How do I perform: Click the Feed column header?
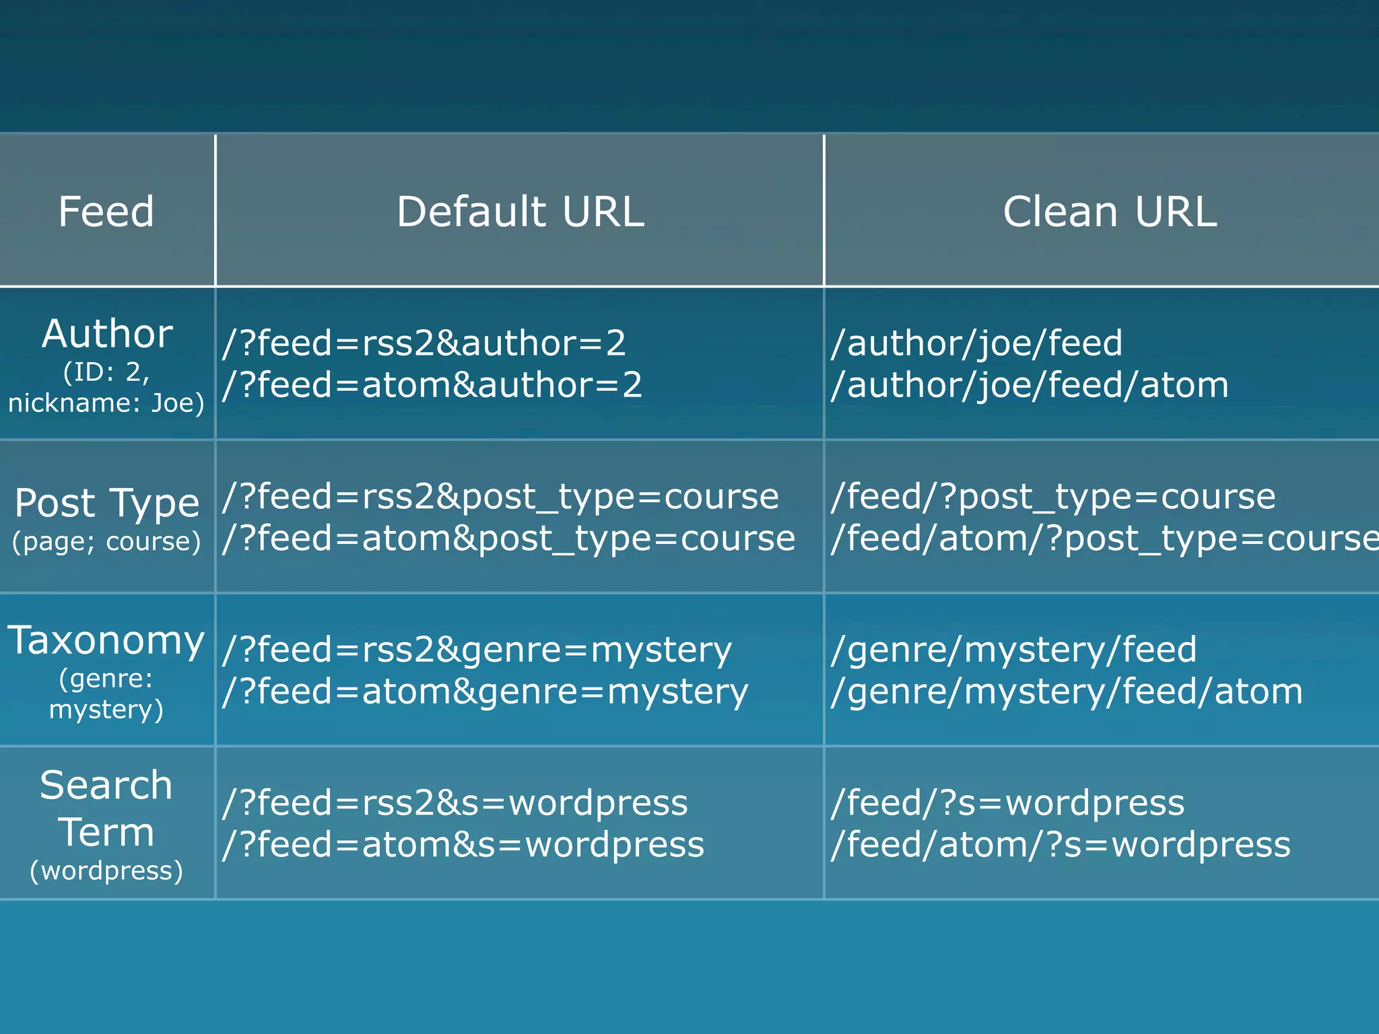(106, 211)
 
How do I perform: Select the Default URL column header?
(520, 211)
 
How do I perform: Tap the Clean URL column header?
(1110, 211)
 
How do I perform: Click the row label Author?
(107, 334)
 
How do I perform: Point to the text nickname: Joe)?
(106, 403)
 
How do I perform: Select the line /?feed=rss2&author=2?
(424, 343)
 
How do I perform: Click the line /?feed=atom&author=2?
(432, 385)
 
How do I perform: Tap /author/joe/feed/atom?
(1030, 385)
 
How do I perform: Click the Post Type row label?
(107, 504)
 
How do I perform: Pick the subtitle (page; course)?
(106, 542)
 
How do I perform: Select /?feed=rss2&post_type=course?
(500, 497)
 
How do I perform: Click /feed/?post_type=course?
(1053, 497)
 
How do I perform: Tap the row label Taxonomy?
(106, 640)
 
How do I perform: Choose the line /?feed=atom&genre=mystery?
(485, 692)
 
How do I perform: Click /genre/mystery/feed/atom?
(1067, 692)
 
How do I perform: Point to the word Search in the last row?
(106, 786)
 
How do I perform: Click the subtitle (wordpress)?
(106, 870)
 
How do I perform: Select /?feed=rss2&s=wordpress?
(455, 803)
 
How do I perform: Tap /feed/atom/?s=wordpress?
(1061, 845)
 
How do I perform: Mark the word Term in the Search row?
(106, 833)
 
